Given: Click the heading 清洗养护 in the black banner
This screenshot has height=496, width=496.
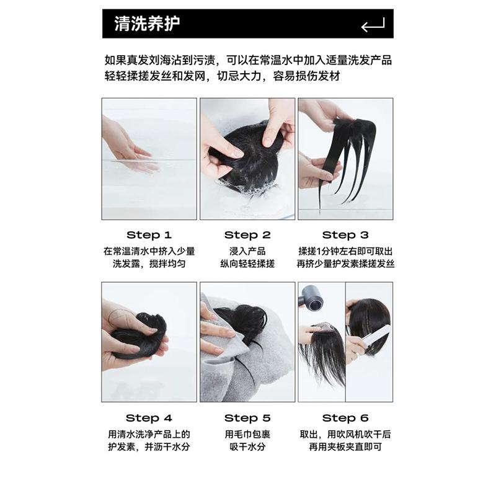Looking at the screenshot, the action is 147,24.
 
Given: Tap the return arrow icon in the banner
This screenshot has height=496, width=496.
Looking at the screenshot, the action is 373,25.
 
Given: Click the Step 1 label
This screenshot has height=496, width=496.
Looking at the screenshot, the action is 149,235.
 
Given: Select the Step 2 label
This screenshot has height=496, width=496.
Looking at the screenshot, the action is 247,235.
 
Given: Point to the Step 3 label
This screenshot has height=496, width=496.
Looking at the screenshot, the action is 345,235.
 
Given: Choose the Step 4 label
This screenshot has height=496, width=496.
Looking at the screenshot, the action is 149,418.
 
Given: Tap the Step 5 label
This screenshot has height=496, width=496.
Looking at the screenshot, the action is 247,418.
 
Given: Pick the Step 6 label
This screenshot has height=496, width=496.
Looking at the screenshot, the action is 345,418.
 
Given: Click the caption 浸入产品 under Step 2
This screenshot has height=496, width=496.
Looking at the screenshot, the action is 247,251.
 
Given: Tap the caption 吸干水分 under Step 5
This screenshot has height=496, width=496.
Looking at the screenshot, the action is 247,446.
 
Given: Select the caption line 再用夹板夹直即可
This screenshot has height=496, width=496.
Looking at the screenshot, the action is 345,446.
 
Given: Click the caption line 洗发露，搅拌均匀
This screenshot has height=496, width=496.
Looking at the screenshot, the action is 149,263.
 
